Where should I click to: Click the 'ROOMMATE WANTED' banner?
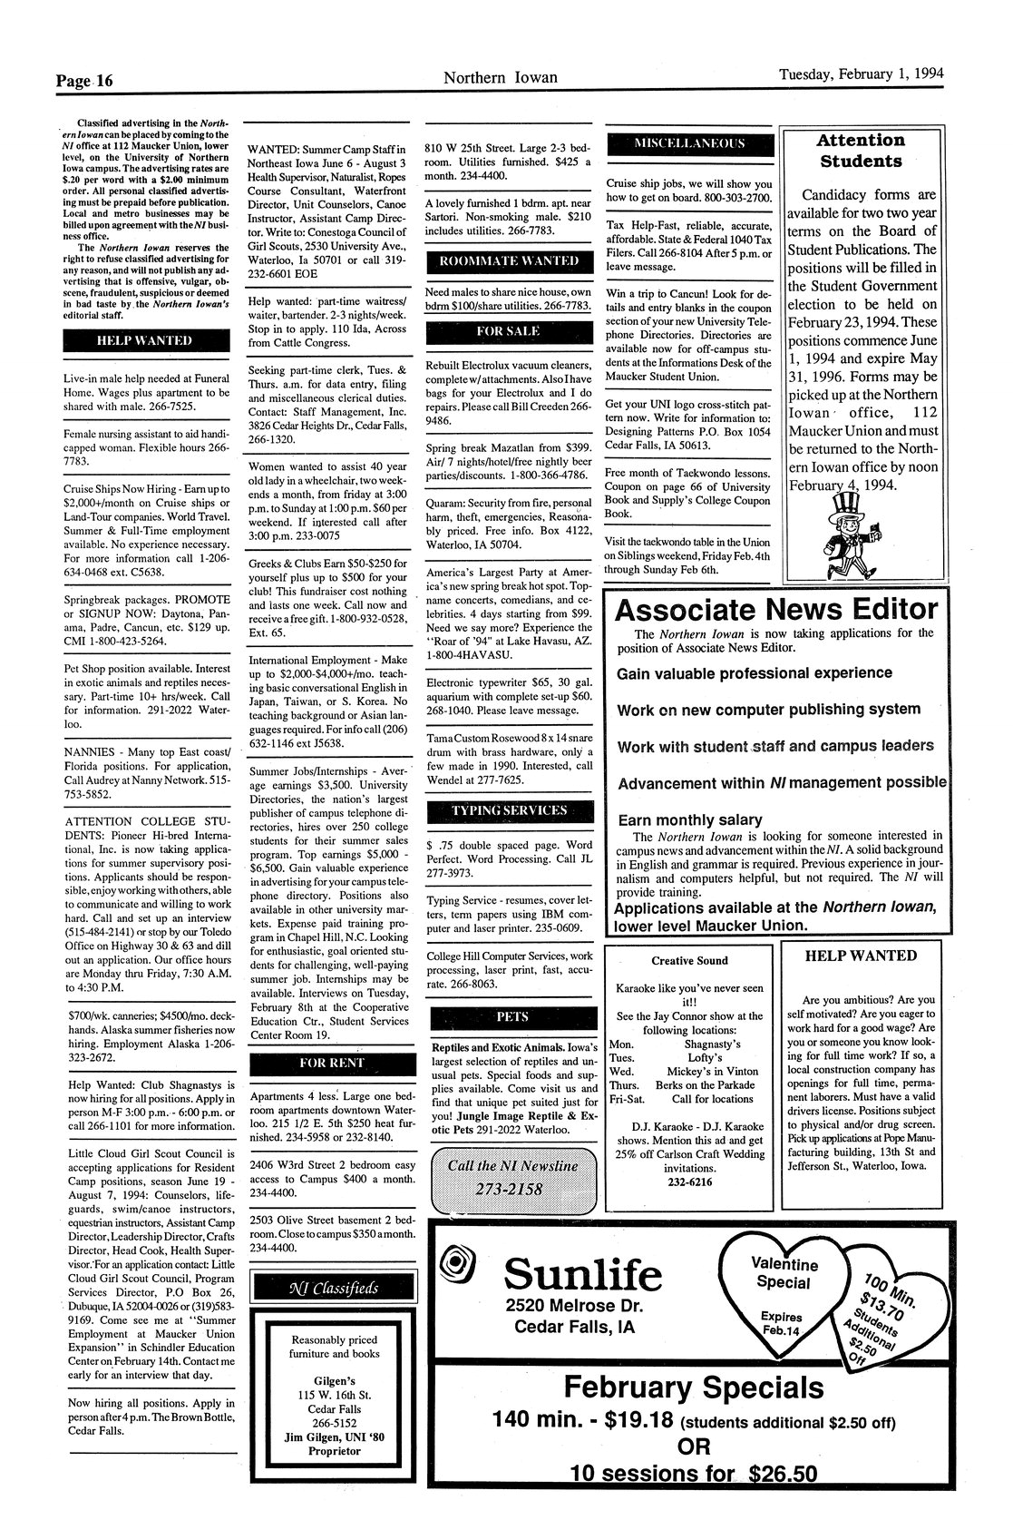(x=509, y=261)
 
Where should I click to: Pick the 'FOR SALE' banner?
(x=509, y=332)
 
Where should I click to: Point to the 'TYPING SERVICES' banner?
(x=509, y=810)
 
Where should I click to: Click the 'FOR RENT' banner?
(x=331, y=1063)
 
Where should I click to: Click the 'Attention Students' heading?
(x=860, y=151)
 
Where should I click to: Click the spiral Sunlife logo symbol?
(x=454, y=1261)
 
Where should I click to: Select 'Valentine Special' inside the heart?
(x=784, y=1273)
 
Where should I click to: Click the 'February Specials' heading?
(x=694, y=1387)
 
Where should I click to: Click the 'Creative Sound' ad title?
(x=689, y=960)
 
